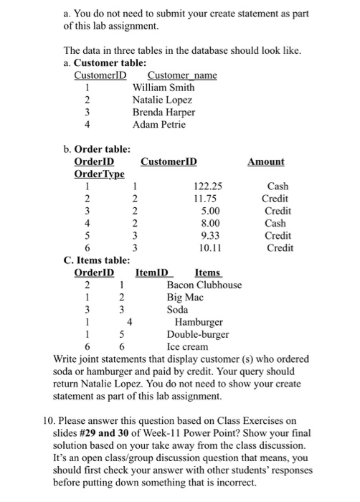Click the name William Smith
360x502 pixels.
(x=164, y=87)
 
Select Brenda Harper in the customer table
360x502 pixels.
(x=164, y=113)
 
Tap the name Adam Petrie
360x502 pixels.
(x=159, y=125)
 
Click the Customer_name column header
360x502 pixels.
(x=182, y=75)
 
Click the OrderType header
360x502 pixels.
(x=100, y=174)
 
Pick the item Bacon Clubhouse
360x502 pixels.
(x=204, y=285)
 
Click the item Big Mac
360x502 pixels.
(x=185, y=297)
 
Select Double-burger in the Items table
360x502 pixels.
(x=198, y=333)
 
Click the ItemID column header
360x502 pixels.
(x=151, y=273)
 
